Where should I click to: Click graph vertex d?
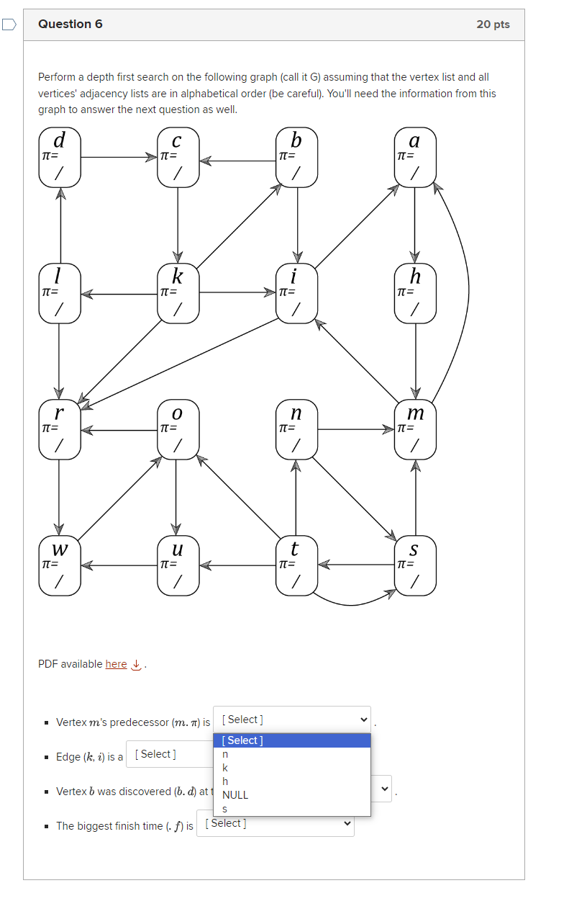(x=60, y=156)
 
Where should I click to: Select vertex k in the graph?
(x=178, y=292)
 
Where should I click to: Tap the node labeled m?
(x=415, y=429)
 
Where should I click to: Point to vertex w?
(x=60, y=565)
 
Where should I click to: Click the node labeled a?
(x=415, y=156)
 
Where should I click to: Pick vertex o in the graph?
(x=178, y=429)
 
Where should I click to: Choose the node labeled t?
(x=296, y=565)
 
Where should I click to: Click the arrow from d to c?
(x=119, y=156)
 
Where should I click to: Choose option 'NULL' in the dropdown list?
(x=235, y=795)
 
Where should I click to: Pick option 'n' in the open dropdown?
(x=225, y=753)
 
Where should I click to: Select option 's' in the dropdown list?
(x=225, y=809)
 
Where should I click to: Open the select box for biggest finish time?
(x=275, y=823)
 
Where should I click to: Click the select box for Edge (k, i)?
(x=169, y=754)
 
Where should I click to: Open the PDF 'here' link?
(x=116, y=664)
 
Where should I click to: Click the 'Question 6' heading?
(x=70, y=24)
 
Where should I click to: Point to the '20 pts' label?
(x=493, y=24)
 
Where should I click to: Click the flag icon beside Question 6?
(x=9, y=24)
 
